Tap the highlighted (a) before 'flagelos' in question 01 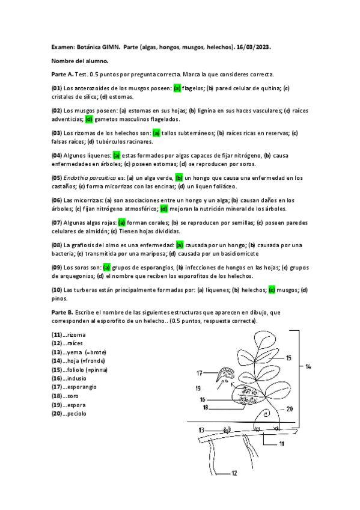pos(177,88)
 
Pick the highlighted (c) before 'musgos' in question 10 pos(272,290)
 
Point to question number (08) pos(57,245)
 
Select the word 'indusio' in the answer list pos(78,378)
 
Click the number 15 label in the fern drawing pos(288,358)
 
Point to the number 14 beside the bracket pos(308,366)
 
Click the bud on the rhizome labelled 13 pos(228,431)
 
